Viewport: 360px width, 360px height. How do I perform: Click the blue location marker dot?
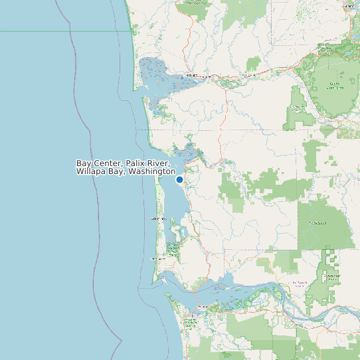click(179, 179)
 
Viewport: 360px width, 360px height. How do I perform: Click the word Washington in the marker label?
click(151, 172)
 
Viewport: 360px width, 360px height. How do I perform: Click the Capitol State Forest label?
click(335, 85)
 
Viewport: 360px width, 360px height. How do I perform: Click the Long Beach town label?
click(159, 218)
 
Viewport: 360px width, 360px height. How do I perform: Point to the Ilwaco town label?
click(157, 258)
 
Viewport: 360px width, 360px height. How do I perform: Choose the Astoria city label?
click(203, 306)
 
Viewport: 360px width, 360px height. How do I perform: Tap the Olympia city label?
click(349, 6)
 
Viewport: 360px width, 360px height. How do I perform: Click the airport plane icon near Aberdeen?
click(183, 78)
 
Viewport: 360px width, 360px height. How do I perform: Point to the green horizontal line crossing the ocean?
click(33, 31)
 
